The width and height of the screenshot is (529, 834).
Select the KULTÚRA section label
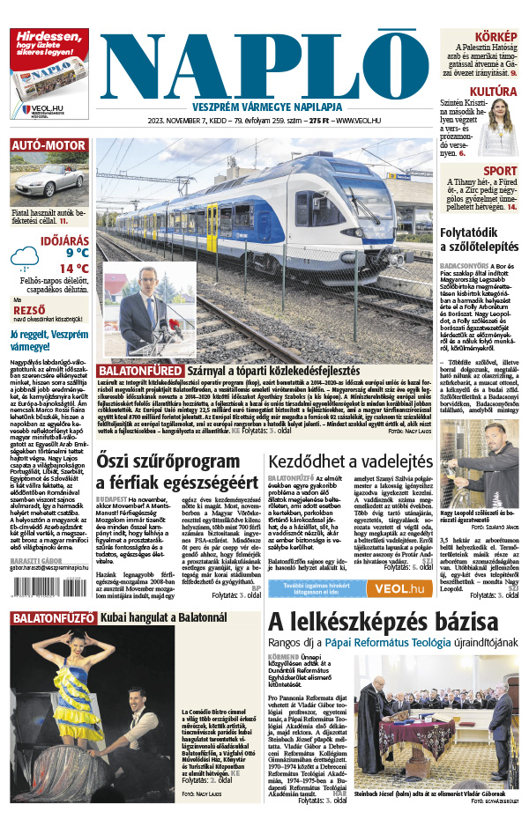492,91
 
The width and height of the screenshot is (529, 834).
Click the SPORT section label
500,171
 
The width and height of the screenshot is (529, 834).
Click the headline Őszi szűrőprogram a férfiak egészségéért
168,471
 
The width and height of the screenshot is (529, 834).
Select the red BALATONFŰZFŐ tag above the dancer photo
53,618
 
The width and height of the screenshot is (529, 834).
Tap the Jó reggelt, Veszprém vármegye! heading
48,340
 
